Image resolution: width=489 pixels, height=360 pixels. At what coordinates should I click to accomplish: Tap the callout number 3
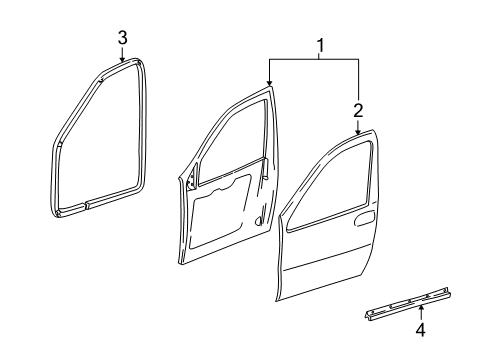pos(122,38)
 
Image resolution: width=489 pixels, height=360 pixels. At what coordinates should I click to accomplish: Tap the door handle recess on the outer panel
pos(366,244)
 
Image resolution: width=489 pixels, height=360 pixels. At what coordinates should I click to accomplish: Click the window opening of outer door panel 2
pos(336,195)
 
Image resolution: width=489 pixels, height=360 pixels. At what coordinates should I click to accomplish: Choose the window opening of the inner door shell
pos(225,140)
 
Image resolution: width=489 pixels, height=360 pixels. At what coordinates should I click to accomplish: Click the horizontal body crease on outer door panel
pos(330,267)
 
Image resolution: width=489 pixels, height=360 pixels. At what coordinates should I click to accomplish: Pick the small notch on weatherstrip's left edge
pos(60,144)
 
